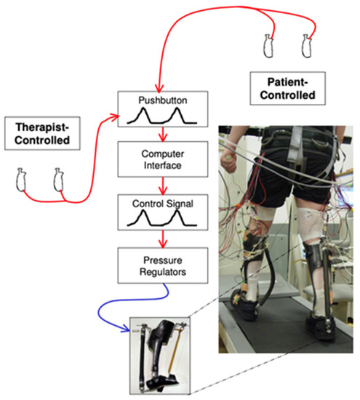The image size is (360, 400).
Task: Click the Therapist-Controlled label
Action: coord(43,137)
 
